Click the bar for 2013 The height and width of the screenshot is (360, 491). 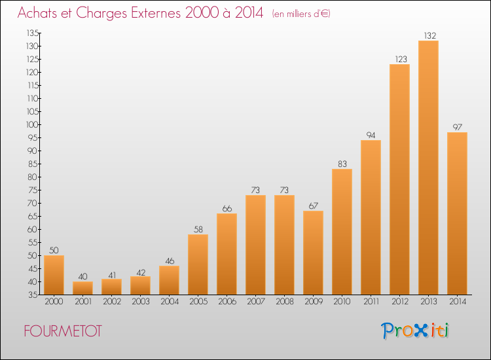pyautogui.click(x=428, y=168)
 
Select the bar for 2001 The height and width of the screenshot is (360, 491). pyautogui.click(x=82, y=288)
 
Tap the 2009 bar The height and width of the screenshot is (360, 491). pyautogui.click(x=313, y=253)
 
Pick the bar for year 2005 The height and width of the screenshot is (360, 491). pyautogui.click(x=198, y=264)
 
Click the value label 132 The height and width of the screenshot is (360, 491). pyautogui.click(x=430, y=36)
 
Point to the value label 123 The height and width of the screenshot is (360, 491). pyautogui.click(x=401, y=59)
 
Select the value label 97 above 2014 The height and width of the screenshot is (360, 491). pyautogui.click(x=458, y=127)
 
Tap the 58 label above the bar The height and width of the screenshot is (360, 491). pyautogui.click(x=198, y=230)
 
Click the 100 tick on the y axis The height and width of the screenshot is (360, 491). pyautogui.click(x=32, y=124)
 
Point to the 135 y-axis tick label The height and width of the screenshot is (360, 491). pyautogui.click(x=33, y=33)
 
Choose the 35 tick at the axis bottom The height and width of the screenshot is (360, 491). pyautogui.click(x=33, y=295)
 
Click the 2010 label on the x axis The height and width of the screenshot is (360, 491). pyautogui.click(x=342, y=302)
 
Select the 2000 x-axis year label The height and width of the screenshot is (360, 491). pyautogui.click(x=54, y=302)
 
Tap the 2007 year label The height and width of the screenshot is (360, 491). pyautogui.click(x=256, y=302)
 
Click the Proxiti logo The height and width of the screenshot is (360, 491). pyautogui.click(x=415, y=331)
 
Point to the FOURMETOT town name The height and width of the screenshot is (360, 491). pyautogui.click(x=63, y=331)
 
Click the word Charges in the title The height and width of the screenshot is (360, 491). pyautogui.click(x=101, y=14)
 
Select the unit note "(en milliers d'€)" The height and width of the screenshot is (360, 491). pyautogui.click(x=301, y=14)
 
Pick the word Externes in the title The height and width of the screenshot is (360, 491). pyautogui.click(x=156, y=13)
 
